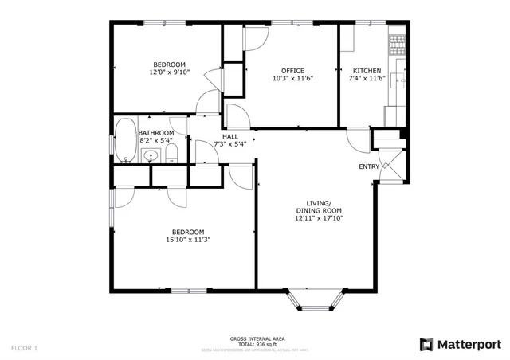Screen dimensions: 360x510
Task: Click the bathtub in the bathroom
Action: coord(126,141)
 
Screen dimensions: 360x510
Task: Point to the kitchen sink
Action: coord(396,78)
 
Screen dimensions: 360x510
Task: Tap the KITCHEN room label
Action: coord(366,70)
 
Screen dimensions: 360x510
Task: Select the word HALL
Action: coord(230,136)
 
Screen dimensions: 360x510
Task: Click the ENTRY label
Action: coord(369,166)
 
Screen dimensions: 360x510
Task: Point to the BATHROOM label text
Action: coord(155,133)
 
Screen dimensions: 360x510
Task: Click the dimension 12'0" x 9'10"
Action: coord(170,72)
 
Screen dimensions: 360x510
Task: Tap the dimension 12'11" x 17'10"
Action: coord(319,217)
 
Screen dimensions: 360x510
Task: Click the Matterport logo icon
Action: coord(427,344)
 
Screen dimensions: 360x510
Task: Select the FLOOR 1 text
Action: coord(24,348)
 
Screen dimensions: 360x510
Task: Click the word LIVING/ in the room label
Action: coord(319,203)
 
